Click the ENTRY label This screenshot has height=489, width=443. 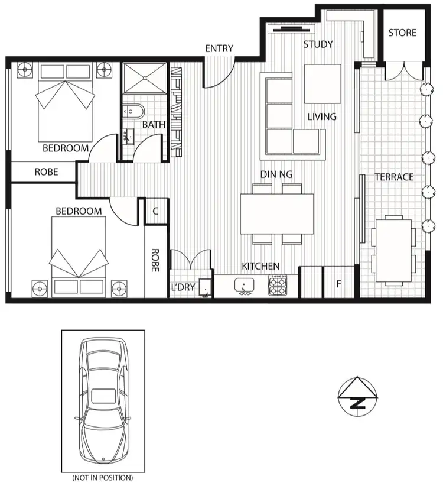(x=219, y=48)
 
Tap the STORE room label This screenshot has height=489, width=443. (x=402, y=33)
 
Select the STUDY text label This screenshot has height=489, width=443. (x=318, y=44)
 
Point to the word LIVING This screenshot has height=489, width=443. (x=322, y=116)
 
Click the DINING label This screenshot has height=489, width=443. (x=277, y=174)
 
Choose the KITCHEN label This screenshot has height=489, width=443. (x=260, y=266)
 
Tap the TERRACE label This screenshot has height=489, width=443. (x=394, y=177)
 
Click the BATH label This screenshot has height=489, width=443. (x=154, y=125)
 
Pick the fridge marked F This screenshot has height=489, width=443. (x=338, y=284)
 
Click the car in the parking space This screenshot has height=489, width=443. (x=104, y=400)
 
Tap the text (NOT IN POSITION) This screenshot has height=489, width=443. (x=103, y=477)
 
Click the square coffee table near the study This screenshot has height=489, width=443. (x=323, y=83)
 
